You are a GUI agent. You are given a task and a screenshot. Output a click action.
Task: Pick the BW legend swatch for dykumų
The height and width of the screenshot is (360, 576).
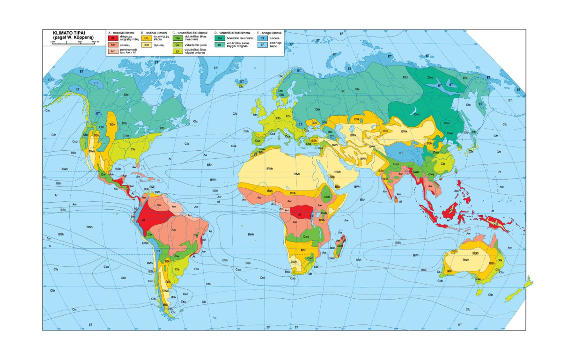coord(147,45)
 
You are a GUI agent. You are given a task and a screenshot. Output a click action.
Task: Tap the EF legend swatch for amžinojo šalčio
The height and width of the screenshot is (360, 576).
coord(263,45)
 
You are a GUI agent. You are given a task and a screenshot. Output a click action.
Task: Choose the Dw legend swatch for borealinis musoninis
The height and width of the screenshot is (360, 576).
coord(220,38)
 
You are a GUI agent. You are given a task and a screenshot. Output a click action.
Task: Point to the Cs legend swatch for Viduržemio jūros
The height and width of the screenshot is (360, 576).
coord(178,45)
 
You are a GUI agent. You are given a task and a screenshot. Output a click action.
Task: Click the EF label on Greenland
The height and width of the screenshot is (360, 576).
coord(215,68)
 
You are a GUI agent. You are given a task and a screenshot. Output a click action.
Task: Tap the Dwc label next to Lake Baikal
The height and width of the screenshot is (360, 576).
coord(417,114)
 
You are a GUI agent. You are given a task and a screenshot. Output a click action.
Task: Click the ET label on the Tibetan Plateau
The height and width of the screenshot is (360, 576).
coord(401,153)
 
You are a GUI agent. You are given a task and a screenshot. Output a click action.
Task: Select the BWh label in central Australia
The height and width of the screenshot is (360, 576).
coord(465,260)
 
